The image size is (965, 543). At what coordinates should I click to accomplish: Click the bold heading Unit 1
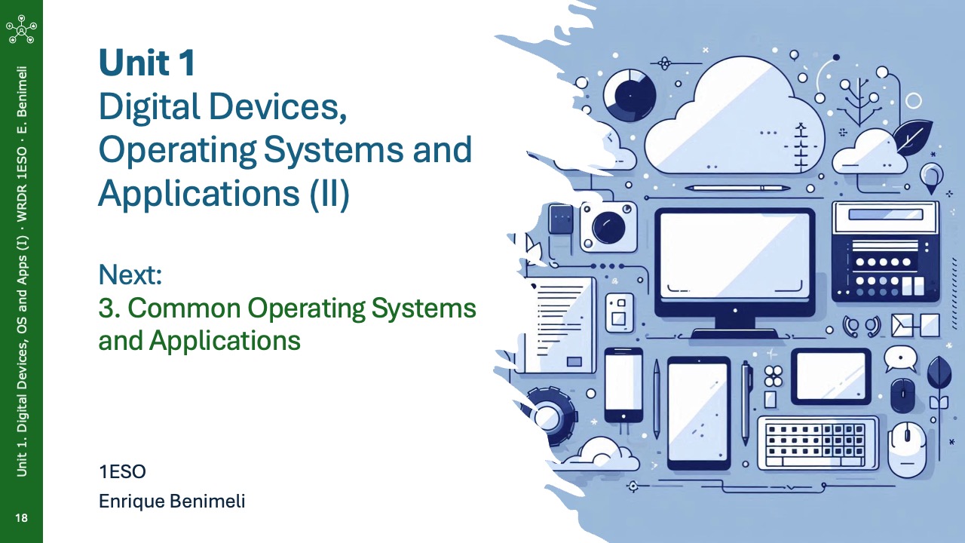(147, 63)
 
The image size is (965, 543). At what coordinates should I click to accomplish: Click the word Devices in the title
(277, 107)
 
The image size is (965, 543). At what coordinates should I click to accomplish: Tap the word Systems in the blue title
(333, 149)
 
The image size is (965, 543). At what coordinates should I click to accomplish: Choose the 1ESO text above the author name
(122, 472)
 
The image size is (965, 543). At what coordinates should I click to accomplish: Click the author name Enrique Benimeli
(172, 502)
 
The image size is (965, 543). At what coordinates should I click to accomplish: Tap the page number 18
(21, 517)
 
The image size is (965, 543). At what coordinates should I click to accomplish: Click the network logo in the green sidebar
(21, 29)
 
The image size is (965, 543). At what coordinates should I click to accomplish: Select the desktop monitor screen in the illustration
(735, 256)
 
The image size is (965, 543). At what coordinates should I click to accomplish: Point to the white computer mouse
(907, 449)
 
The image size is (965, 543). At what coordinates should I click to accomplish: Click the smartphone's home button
(623, 416)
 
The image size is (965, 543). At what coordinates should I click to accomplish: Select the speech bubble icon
(900, 359)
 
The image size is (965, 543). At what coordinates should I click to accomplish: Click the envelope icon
(902, 325)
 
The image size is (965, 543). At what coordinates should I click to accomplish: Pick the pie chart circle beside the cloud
(630, 96)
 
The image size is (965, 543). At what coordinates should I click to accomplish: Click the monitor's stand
(735, 327)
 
